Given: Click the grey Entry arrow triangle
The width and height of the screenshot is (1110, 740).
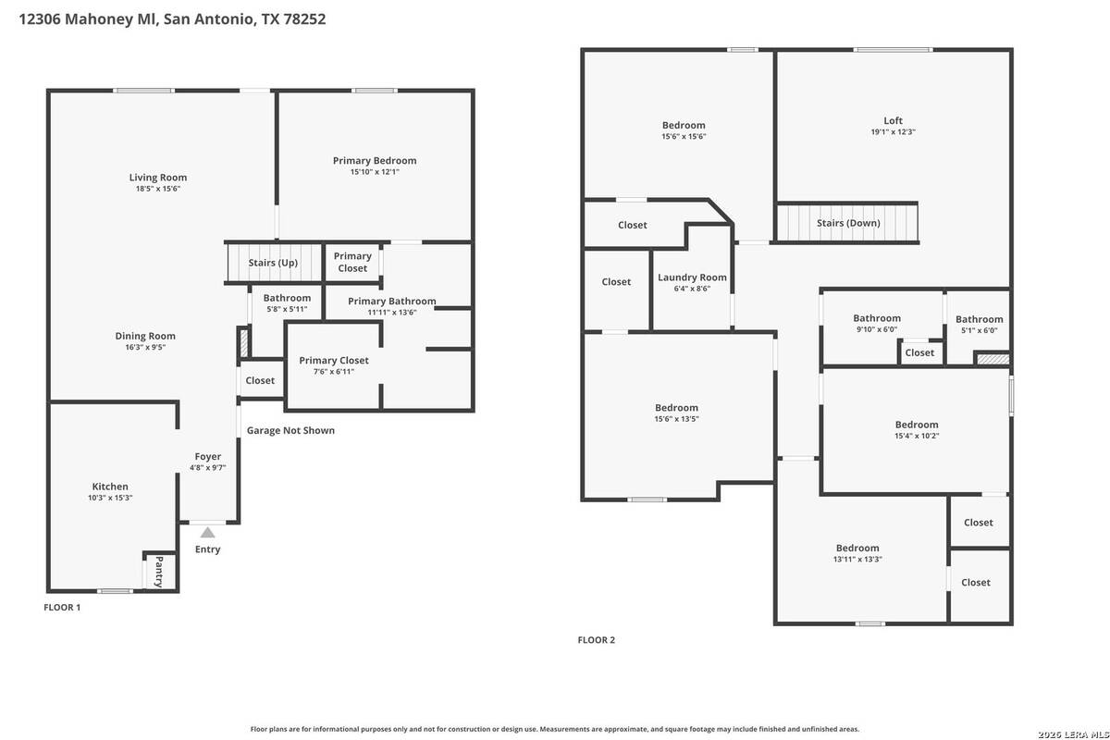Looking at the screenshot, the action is click(x=207, y=533).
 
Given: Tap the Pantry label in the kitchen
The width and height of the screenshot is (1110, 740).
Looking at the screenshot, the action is click(x=159, y=572).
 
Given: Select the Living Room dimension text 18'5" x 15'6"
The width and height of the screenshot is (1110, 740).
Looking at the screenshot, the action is click(x=158, y=189).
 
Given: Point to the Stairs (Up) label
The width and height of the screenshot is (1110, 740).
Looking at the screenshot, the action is click(x=273, y=263).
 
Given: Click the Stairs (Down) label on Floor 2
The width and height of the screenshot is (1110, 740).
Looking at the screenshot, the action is click(x=848, y=223).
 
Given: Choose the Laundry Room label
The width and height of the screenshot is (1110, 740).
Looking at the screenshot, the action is click(x=692, y=277).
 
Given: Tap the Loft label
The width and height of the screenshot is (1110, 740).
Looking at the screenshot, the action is click(x=893, y=120).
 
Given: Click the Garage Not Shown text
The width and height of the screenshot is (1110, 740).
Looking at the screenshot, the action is click(x=290, y=430).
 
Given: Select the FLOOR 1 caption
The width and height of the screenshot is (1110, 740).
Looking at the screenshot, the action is click(x=62, y=607).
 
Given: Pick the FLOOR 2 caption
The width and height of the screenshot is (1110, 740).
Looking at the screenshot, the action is click(x=596, y=640).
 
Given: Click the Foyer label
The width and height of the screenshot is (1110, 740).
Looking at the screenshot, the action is click(x=207, y=457).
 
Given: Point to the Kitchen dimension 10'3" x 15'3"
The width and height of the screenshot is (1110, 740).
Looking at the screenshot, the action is click(x=110, y=498).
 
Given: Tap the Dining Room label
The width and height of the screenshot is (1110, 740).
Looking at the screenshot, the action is click(x=145, y=336).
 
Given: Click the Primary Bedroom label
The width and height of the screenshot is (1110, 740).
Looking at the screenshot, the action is click(x=375, y=161).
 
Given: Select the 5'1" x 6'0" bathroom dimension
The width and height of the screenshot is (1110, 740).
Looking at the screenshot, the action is click(x=980, y=330).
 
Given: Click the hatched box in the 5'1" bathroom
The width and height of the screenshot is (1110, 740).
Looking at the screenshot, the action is click(x=993, y=359).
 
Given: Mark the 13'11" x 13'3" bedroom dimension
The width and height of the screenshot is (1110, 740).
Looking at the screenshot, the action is click(x=857, y=559).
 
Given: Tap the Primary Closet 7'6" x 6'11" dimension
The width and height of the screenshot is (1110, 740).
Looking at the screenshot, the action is click(x=334, y=372).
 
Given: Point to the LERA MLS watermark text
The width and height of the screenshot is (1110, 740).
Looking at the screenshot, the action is click(x=1073, y=734).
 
